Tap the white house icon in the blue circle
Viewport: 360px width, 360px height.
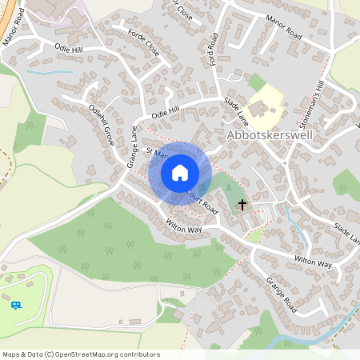(x=180, y=172)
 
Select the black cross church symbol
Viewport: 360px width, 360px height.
(x=242, y=206)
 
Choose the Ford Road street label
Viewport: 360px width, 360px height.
(x=213, y=50)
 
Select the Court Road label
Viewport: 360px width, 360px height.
(x=202, y=200)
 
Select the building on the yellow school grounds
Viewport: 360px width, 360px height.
(x=261, y=106)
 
